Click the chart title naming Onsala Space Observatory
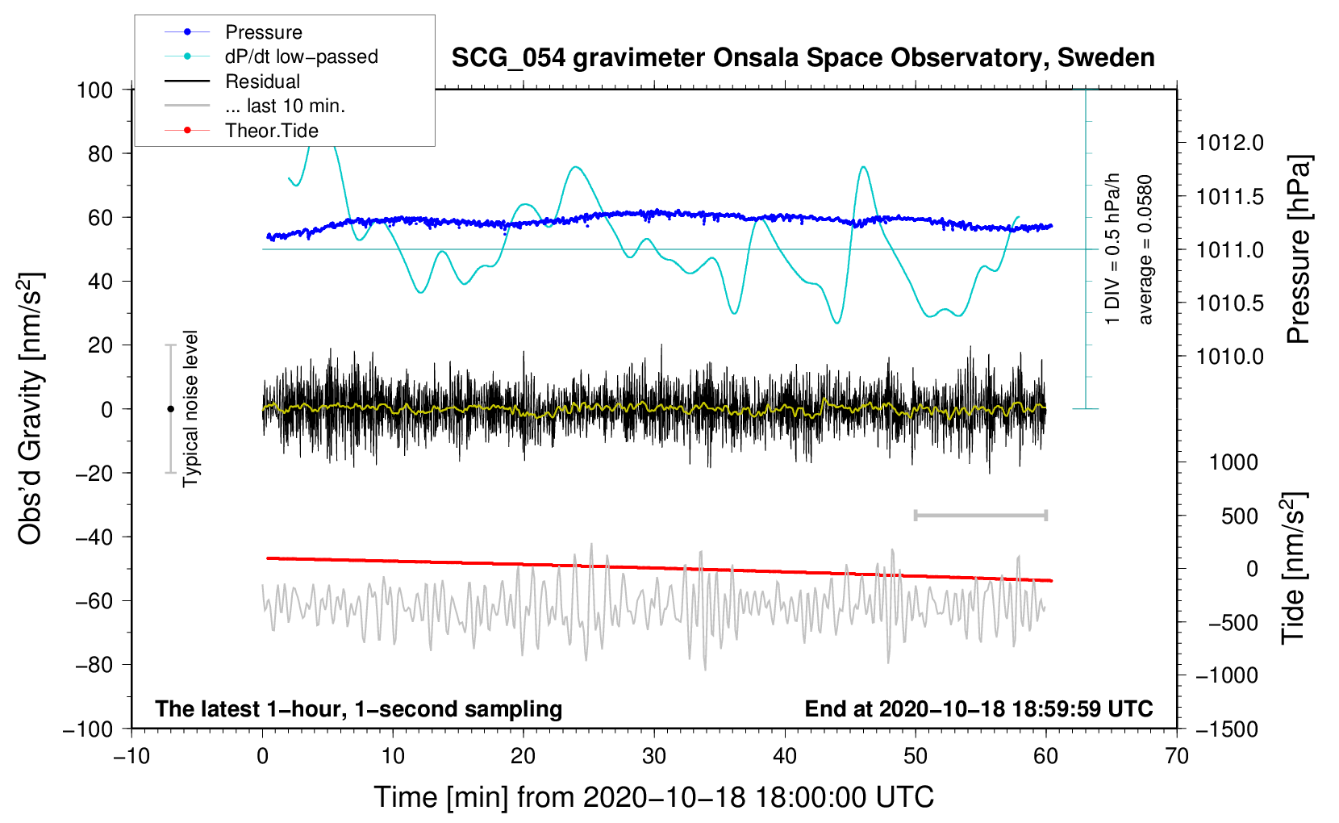(x=803, y=58)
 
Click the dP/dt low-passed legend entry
(x=271, y=56)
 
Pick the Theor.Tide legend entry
(x=241, y=131)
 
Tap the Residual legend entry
(x=232, y=81)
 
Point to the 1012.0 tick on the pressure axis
(x=1230, y=143)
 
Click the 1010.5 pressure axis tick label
(x=1230, y=303)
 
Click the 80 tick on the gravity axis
(x=100, y=154)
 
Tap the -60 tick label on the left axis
(x=94, y=600)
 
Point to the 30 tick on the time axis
(x=654, y=756)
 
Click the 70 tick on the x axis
(x=1176, y=756)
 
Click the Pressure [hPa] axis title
(x=1299, y=249)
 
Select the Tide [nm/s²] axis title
(x=1293, y=568)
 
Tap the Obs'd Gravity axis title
(x=30, y=408)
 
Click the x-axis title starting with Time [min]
(x=654, y=797)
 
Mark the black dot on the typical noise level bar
(x=170, y=409)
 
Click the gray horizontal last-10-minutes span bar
(x=980, y=515)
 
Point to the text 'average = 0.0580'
(x=1145, y=249)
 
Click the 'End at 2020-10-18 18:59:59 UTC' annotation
(x=978, y=708)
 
